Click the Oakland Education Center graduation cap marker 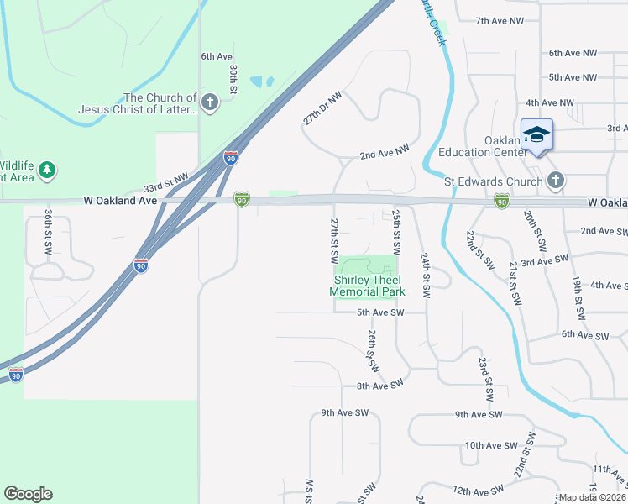pyautogui.click(x=536, y=134)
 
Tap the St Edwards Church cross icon pyautogui.click(x=555, y=180)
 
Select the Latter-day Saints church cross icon pyautogui.click(x=209, y=103)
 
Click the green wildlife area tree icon pyautogui.click(x=48, y=171)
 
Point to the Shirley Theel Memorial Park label pyautogui.click(x=368, y=286)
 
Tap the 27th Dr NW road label pyautogui.click(x=322, y=110)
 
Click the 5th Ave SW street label pyautogui.click(x=380, y=312)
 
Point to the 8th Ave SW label pyautogui.click(x=380, y=385)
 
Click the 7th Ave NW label pyautogui.click(x=500, y=21)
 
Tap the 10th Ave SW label pyautogui.click(x=488, y=445)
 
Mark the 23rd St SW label pyautogui.click(x=484, y=377)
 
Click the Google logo pyautogui.click(x=28, y=494)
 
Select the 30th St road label pyautogui.click(x=234, y=76)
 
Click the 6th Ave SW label pyautogui.click(x=584, y=335)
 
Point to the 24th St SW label pyautogui.click(x=426, y=276)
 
